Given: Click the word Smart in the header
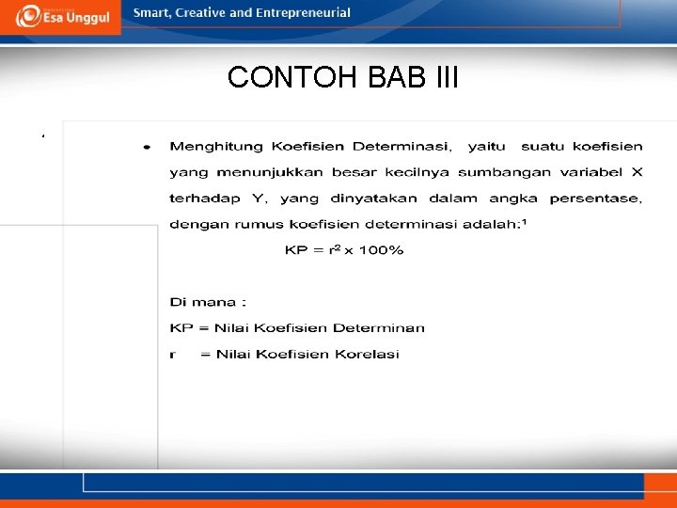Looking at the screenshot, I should pos(152,13).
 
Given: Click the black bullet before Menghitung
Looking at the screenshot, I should pos(146,147).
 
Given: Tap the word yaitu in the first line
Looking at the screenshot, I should pos(486,146).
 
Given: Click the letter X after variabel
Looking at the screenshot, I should pos(637,172).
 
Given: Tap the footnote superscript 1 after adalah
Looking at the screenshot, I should pos(524,221).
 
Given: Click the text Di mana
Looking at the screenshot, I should pos(207,303).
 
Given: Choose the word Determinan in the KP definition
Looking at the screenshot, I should pos(382,328).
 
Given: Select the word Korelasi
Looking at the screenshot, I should pos(370,355).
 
